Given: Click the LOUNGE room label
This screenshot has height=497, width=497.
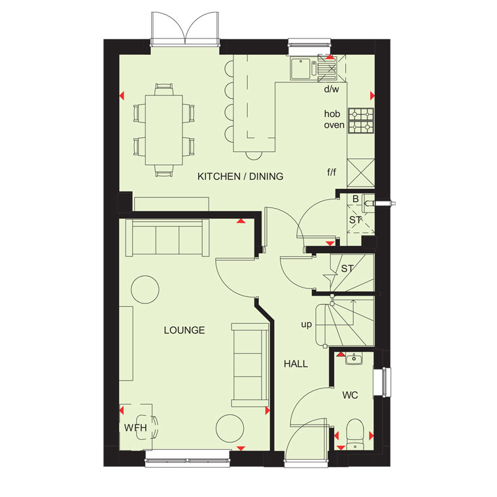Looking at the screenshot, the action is (184, 330).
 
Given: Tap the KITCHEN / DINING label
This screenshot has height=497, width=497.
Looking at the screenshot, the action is (240, 176).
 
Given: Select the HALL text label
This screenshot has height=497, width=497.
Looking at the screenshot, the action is (296, 364).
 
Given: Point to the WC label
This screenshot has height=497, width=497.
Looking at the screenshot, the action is (351, 395).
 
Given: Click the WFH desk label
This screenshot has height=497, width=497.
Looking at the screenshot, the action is (135, 428).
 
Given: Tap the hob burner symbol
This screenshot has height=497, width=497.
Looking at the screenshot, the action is (361, 120).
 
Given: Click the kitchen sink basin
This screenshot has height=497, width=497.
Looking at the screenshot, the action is (300, 69).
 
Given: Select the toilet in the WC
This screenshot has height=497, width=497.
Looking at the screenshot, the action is (354, 434).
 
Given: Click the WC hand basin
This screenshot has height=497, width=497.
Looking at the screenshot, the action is (354, 359).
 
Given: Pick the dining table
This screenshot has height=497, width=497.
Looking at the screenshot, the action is (164, 130).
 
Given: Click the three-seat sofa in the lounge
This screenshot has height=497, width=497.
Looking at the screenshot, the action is (167, 238).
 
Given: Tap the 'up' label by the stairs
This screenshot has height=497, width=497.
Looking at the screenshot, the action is (307, 324).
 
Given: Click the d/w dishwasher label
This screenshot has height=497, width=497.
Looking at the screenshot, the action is (332, 89).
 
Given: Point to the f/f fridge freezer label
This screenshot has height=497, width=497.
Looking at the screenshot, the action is (332, 172).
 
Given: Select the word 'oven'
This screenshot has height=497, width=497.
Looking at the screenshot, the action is (334, 125).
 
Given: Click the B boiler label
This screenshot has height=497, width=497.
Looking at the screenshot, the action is (356, 199).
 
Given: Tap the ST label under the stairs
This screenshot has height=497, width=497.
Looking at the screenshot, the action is (347, 269).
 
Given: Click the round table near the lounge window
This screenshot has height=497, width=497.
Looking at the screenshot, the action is (230, 428).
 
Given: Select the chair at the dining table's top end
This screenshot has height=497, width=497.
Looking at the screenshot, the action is (164, 89).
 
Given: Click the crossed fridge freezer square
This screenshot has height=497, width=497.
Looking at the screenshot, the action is (361, 173).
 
